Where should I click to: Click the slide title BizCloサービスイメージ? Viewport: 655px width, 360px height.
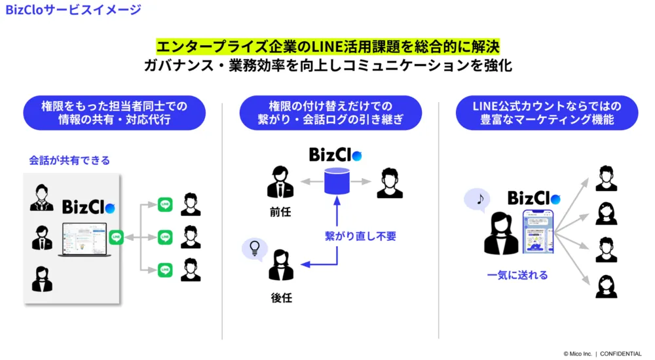[73, 10]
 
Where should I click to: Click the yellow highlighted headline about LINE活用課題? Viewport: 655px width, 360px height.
[327, 46]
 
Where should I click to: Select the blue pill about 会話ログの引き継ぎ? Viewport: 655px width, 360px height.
[330, 113]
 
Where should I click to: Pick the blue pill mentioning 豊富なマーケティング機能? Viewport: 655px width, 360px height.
[546, 113]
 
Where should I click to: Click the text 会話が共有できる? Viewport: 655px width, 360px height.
[69, 160]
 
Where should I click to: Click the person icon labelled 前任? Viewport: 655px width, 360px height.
[280, 183]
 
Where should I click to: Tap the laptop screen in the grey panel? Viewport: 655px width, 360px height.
[83, 239]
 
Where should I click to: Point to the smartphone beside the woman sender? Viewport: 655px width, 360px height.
[538, 232]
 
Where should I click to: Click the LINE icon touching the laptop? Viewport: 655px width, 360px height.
[117, 237]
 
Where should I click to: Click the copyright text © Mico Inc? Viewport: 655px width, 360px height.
[578, 353]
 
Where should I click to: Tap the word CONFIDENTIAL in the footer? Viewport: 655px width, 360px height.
[621, 353]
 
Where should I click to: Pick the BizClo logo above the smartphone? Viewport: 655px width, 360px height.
[534, 198]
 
